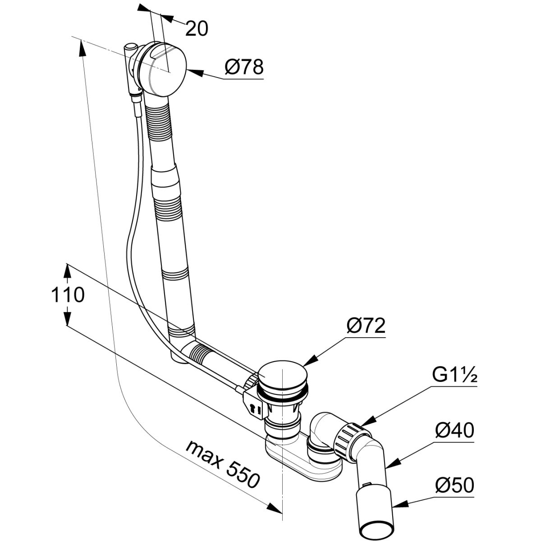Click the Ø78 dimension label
coord(243,68)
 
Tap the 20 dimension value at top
coord(197,28)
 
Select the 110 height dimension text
coord(68,295)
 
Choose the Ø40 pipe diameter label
coord(454,432)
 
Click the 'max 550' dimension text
coord(223,464)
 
